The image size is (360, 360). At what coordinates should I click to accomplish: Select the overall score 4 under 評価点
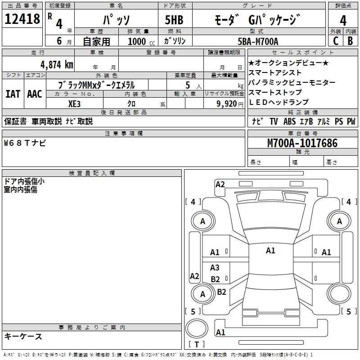(343, 21)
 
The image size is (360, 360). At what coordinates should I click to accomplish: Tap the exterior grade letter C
(335, 40)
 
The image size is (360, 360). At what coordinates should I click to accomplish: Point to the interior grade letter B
(350, 40)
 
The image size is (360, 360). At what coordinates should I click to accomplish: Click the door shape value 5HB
(174, 20)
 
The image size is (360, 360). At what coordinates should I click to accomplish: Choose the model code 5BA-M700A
(258, 41)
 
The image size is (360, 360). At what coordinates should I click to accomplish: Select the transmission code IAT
(13, 94)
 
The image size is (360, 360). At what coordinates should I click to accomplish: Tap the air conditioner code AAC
(34, 94)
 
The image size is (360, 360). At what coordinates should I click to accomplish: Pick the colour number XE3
(75, 103)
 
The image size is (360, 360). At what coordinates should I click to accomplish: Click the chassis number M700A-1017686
(302, 143)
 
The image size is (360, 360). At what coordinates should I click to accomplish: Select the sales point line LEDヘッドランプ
(279, 102)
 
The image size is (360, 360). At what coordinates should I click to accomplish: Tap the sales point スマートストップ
(275, 92)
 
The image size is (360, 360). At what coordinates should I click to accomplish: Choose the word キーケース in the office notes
(23, 336)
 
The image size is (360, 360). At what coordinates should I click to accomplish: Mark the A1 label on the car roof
(270, 251)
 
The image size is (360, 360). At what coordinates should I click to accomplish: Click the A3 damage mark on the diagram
(215, 268)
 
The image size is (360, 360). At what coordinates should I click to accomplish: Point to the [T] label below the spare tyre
(197, 345)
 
